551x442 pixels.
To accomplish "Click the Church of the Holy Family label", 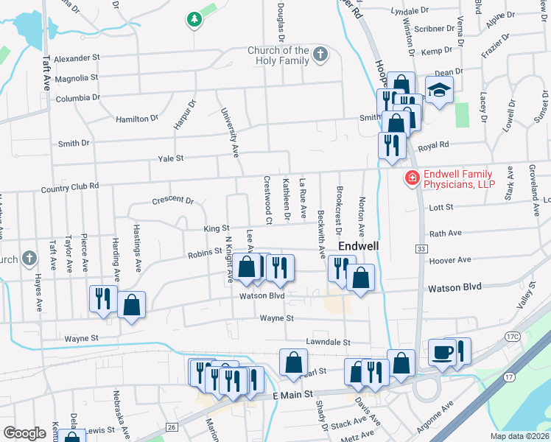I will (278, 55).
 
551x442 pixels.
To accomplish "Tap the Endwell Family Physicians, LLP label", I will (459, 178).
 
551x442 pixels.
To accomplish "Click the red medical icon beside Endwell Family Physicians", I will (411, 178).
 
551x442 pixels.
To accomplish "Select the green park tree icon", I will (194, 20).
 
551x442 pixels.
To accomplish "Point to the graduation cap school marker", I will (440, 91).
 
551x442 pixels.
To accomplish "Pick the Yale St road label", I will (170, 158).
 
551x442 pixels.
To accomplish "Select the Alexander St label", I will (77, 57).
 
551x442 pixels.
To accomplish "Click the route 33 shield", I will (421, 250).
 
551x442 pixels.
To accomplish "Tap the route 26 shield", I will (171, 427).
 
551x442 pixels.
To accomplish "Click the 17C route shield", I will (513, 337).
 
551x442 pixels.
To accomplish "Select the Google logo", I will (24, 432).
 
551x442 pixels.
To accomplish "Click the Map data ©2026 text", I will (520, 436).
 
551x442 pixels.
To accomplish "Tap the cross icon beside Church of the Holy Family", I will (320, 54).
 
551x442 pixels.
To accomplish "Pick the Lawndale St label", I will (329, 343).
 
